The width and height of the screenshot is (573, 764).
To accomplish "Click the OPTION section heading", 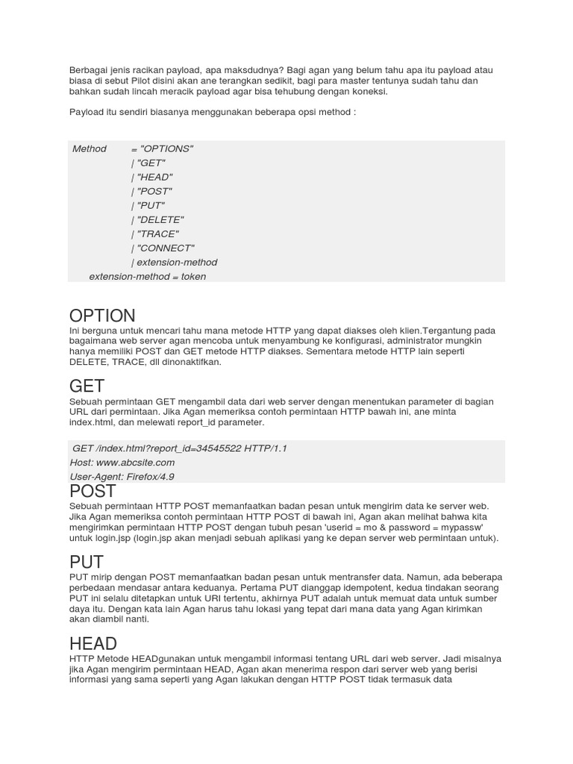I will (102, 315).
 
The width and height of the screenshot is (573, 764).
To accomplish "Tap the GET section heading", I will (87, 386).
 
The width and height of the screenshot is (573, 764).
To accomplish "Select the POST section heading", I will (93, 491).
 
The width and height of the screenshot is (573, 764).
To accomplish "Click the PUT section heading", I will (86, 562).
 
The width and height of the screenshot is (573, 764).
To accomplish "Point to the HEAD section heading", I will (93, 643).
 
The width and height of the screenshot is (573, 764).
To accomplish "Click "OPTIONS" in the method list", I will (166, 148).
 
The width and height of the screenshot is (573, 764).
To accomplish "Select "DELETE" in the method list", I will (159, 219).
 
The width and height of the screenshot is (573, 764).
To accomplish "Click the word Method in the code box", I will (90, 148).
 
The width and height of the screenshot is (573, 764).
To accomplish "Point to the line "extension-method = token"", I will (147, 276).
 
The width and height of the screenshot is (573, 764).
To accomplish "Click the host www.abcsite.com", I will (138, 463).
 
